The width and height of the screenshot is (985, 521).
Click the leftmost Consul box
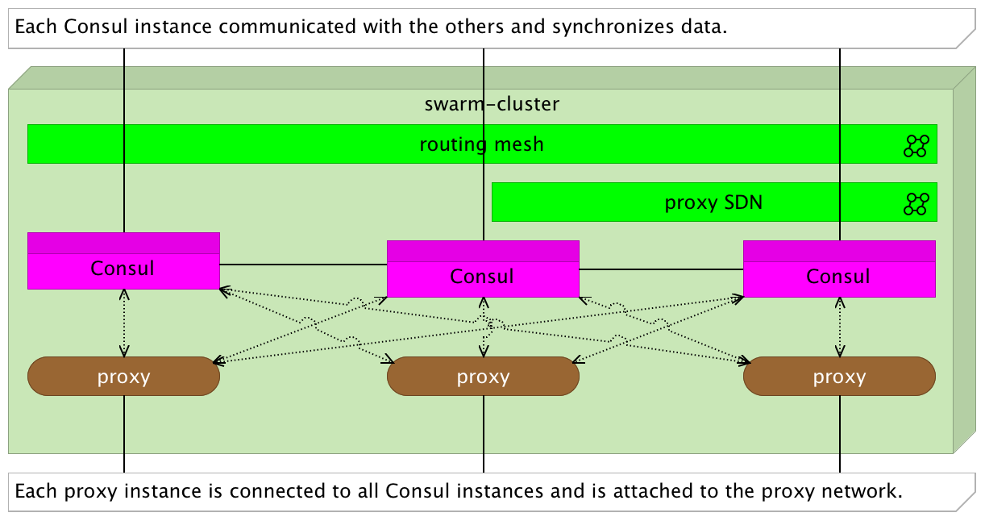(x=123, y=261)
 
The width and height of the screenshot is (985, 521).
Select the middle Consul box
(x=483, y=269)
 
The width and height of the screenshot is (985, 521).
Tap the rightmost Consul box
(x=839, y=269)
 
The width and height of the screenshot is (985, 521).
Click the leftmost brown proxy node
(x=123, y=376)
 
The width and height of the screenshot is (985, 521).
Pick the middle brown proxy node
(x=483, y=376)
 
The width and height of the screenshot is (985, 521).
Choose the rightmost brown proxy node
(x=839, y=376)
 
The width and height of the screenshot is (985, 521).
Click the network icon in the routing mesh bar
(x=916, y=146)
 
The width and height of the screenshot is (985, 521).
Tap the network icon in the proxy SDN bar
(x=916, y=204)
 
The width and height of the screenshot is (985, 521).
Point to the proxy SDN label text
(x=713, y=203)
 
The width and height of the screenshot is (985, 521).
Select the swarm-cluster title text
(x=492, y=104)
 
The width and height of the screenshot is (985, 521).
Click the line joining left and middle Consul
(x=303, y=265)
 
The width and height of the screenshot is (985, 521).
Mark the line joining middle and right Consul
(x=661, y=269)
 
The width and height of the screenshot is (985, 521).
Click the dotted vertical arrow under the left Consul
(x=124, y=323)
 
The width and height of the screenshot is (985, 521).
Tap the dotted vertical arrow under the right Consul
(x=840, y=327)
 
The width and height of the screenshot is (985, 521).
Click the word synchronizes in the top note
(x=613, y=27)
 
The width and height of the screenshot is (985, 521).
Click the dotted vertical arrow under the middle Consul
(x=484, y=327)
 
